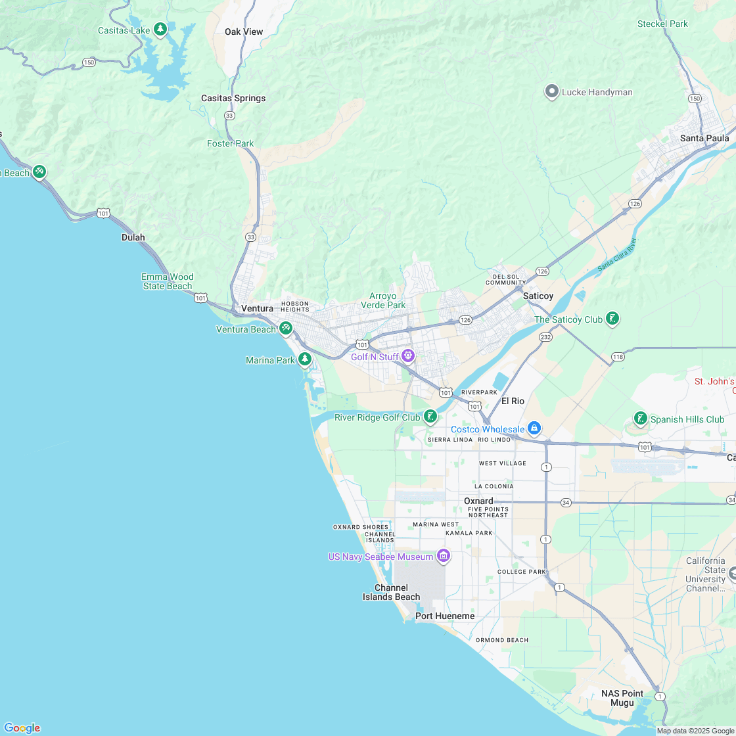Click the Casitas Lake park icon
point(160,30)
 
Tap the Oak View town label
point(244,32)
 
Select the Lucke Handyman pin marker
point(552,92)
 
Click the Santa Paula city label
point(704,138)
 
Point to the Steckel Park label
point(662,24)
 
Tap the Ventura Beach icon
point(285,328)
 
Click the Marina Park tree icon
point(304,359)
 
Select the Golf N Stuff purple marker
point(408,356)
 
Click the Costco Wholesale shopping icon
point(534,428)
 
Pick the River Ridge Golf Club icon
point(430,416)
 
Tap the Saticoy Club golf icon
point(612,319)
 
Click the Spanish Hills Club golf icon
point(640,418)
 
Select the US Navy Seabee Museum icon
point(443,556)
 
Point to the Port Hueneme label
point(445,616)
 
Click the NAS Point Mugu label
point(622,698)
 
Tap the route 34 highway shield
point(566,503)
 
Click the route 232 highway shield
point(545,336)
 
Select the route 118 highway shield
point(617,356)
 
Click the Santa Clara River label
point(618,255)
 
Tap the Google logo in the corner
point(22,727)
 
